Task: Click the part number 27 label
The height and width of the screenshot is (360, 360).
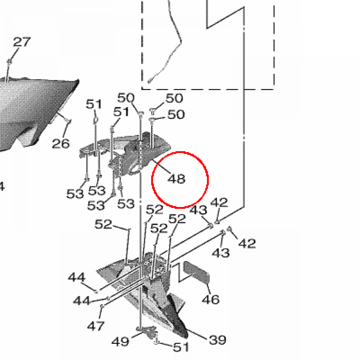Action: pos(22,42)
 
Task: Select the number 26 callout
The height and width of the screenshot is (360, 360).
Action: pos(60,143)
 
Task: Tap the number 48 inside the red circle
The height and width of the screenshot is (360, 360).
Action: pos(176,179)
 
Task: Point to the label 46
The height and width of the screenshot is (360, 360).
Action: pos(211,299)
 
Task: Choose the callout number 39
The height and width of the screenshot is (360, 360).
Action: pos(218,340)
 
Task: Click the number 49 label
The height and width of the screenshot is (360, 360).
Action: pos(120,341)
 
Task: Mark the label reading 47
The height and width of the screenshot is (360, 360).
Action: pos(96,326)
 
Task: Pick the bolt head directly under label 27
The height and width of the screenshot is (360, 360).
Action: pos(9,62)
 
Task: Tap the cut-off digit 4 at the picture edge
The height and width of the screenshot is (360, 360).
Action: pos(2,186)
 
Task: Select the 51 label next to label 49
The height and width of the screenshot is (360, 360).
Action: pos(181,347)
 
